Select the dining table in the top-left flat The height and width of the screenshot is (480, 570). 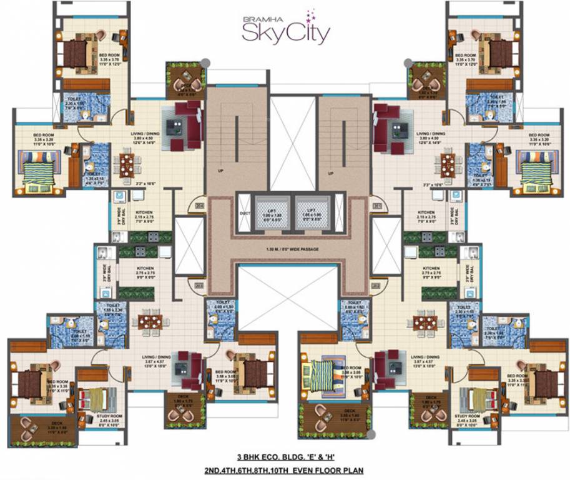point(127,166)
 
